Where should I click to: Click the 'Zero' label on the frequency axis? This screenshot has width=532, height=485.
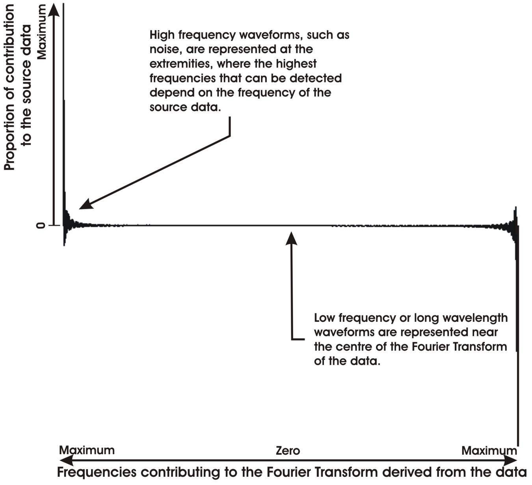click(288, 451)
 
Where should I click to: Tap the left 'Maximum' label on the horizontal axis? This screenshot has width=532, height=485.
click(87, 450)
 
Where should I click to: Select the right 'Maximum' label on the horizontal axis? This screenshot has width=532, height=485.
click(489, 450)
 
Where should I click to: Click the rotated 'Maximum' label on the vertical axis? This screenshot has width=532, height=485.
click(42, 32)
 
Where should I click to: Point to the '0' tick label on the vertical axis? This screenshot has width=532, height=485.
click(41, 226)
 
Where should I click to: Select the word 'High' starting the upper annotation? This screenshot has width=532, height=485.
click(162, 35)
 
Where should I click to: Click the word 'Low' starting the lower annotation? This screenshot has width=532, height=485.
click(324, 318)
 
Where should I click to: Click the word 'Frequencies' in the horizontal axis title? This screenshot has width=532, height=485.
click(97, 472)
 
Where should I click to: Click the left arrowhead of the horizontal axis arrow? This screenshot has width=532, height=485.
click(66, 461)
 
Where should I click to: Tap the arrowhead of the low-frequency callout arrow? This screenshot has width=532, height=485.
click(291, 238)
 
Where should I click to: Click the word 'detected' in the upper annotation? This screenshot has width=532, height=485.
click(316, 78)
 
